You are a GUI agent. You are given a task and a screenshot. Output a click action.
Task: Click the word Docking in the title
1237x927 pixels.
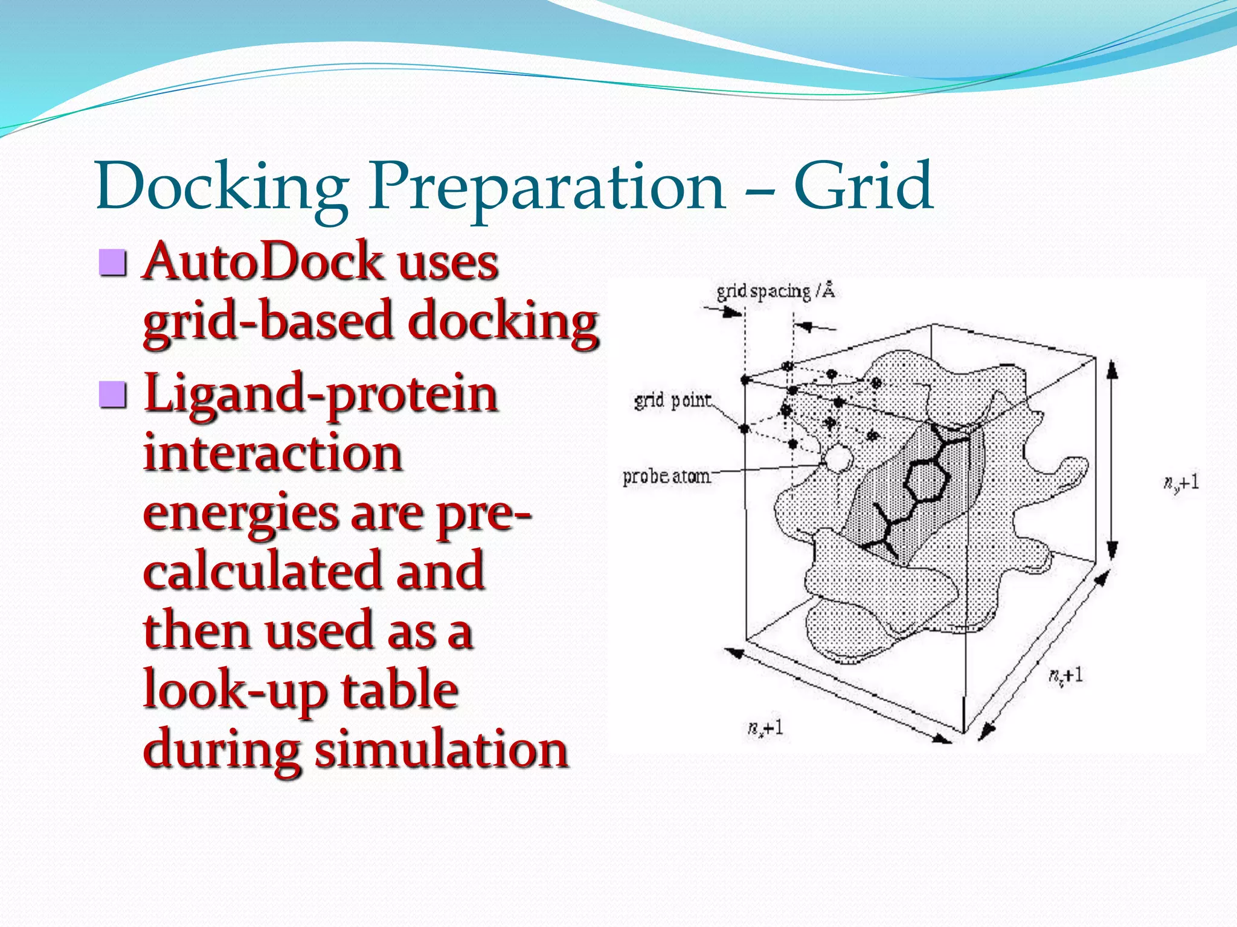tap(222, 187)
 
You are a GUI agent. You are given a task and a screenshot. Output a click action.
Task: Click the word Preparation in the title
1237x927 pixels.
tap(547, 187)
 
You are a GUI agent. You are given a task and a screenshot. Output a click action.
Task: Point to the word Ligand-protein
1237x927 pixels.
tap(321, 395)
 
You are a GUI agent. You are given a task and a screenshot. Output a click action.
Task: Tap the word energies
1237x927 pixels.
tap(240, 514)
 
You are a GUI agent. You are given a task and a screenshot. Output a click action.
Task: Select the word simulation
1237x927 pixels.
tap(442, 749)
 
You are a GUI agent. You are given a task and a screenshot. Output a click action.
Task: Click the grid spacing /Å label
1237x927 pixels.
tap(775, 291)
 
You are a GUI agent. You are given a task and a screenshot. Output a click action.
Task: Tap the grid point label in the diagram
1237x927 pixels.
tap(672, 400)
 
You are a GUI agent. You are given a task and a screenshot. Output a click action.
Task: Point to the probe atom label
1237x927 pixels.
tap(666, 477)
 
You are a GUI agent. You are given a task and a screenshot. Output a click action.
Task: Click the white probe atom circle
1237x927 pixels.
tap(838, 460)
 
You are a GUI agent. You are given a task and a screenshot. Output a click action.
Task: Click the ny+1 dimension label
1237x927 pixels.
tap(1181, 483)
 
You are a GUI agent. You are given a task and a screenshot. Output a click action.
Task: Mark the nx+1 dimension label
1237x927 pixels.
tap(765, 727)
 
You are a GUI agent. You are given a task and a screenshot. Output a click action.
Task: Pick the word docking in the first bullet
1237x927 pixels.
tap(503, 322)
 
